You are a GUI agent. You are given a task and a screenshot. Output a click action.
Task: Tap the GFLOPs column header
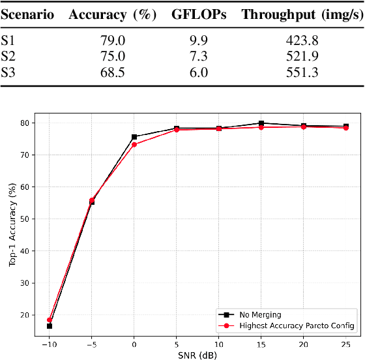click(x=202, y=15)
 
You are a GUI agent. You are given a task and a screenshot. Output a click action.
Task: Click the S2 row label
click(x=8, y=57)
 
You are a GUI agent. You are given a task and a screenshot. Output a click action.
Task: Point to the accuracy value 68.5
click(x=111, y=72)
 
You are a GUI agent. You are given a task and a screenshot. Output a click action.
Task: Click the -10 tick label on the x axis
click(x=49, y=343)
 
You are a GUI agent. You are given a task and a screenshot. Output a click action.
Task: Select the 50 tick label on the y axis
click(x=25, y=219)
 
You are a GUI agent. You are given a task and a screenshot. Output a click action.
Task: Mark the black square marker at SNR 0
click(x=134, y=137)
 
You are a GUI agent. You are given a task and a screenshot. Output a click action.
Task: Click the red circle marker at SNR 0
click(x=134, y=144)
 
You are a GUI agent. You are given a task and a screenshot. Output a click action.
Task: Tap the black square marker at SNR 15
click(x=261, y=123)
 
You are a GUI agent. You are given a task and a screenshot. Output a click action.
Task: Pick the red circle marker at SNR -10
click(x=50, y=320)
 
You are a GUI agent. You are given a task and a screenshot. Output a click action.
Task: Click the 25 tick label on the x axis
click(x=345, y=343)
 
